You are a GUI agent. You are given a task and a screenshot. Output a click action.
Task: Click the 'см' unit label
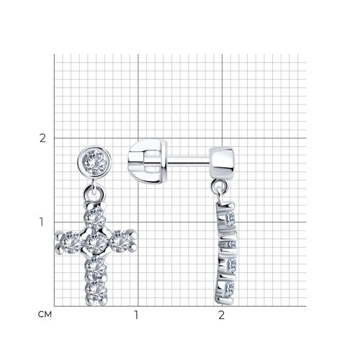45,314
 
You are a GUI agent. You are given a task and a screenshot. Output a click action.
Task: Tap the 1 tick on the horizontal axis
136,315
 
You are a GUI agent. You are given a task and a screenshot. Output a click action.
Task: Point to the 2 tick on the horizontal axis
221,315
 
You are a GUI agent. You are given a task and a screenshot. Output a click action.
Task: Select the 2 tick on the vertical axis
42,138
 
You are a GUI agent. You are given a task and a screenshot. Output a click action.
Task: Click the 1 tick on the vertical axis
42,222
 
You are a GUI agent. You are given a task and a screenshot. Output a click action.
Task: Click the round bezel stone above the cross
94,161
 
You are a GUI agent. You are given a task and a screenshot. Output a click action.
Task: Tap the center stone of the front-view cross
96,243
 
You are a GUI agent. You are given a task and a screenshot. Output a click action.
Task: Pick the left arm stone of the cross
70,243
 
